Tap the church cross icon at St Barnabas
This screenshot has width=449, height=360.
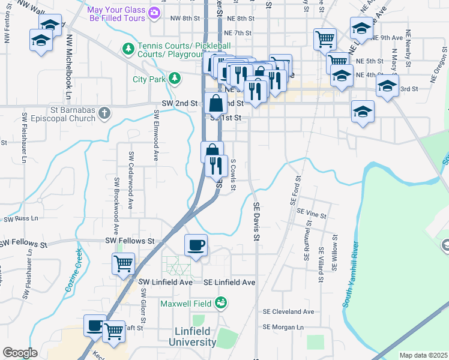tap(104, 112)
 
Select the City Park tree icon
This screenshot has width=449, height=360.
tap(174, 78)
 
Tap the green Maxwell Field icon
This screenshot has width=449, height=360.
tap(221, 302)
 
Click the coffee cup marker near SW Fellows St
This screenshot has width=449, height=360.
tap(196, 245)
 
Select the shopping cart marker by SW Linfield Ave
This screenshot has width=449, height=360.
tap(123, 263)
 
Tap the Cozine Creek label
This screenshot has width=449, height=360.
tap(77, 267)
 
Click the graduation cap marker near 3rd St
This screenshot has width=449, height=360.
tap(387, 85)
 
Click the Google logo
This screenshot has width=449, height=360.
tap(20, 352)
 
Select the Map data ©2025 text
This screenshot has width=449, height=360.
tap(423, 355)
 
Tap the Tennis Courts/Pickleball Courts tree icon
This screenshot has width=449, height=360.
tap(128, 47)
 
